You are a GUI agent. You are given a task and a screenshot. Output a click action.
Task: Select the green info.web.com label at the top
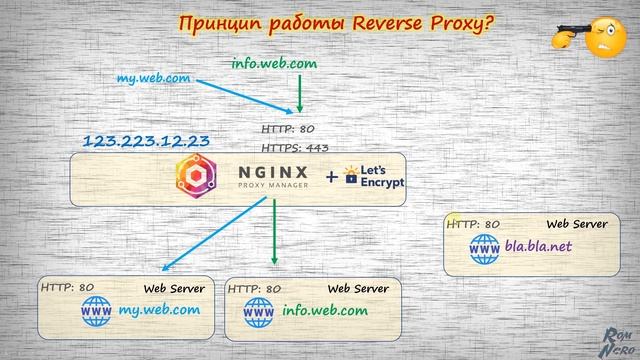click(274, 63)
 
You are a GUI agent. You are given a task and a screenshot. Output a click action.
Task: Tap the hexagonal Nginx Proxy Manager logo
click(197, 178)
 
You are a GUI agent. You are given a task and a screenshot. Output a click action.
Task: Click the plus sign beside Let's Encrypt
click(332, 178)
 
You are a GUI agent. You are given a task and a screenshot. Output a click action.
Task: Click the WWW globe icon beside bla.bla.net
click(486, 246)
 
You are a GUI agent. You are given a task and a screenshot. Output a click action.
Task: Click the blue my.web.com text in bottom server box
click(160, 310)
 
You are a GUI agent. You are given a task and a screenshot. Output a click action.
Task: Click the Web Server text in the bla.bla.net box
click(576, 224)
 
